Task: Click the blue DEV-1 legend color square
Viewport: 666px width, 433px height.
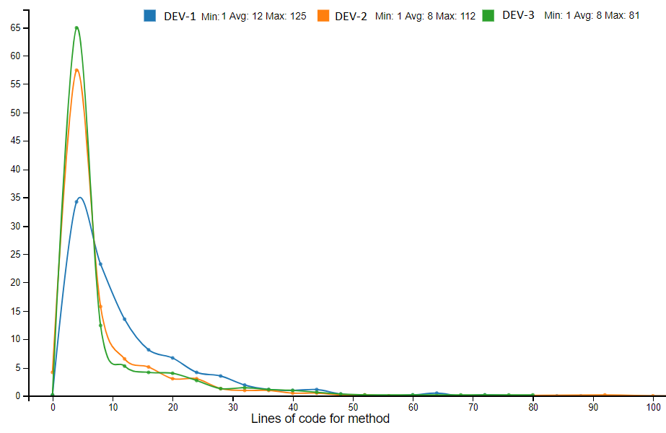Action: tap(150, 15)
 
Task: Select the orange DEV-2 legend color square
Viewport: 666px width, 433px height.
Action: tap(323, 15)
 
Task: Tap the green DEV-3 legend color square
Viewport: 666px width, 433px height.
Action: tap(488, 15)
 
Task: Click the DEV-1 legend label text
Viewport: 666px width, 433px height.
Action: tap(180, 16)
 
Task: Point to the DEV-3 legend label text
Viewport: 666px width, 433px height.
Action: tap(518, 15)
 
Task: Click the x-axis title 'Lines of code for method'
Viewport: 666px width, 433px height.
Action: tap(320, 419)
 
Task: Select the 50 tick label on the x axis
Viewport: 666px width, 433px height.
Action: tap(353, 408)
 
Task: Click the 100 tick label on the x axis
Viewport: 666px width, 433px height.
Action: tap(652, 408)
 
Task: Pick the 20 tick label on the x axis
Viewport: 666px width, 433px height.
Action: tap(172, 408)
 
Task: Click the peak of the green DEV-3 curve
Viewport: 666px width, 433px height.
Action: tap(76, 27)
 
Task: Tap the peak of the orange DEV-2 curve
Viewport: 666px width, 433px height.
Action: tap(76, 69)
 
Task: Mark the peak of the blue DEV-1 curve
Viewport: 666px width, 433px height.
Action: tap(80, 197)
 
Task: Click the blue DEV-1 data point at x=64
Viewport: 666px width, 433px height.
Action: tap(437, 393)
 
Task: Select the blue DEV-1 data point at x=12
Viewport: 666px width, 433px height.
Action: tap(124, 319)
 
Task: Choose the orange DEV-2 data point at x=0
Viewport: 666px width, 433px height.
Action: tap(53, 372)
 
